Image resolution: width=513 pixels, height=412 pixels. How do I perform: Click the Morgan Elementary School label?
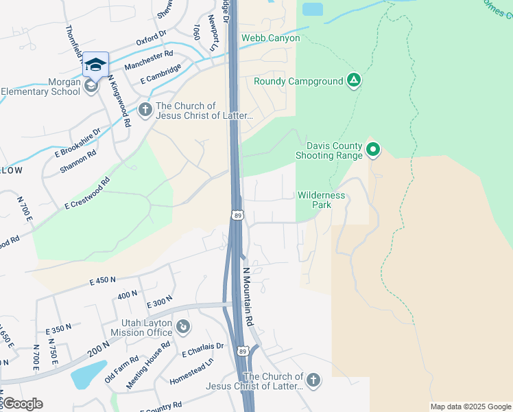[x=40, y=87]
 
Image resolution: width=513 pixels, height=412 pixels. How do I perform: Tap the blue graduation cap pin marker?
[x=95, y=65]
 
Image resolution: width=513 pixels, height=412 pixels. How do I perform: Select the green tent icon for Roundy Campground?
[x=353, y=81]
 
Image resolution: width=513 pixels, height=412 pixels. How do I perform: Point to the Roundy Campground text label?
[x=298, y=81]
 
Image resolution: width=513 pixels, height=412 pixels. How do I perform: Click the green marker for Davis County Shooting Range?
[x=373, y=148]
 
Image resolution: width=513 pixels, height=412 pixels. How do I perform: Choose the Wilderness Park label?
[x=321, y=200]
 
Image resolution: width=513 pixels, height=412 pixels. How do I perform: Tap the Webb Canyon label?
[x=270, y=38]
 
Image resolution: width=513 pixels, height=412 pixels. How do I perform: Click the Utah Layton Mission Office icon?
[x=182, y=326]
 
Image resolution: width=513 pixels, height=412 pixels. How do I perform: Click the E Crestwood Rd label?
[x=87, y=194]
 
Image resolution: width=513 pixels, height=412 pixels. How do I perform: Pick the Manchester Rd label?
[x=148, y=60]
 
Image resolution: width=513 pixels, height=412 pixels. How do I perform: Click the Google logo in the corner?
[x=22, y=404]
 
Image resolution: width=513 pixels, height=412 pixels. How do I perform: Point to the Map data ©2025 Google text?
[x=470, y=407]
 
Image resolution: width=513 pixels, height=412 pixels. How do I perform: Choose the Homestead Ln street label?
[x=191, y=370]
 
